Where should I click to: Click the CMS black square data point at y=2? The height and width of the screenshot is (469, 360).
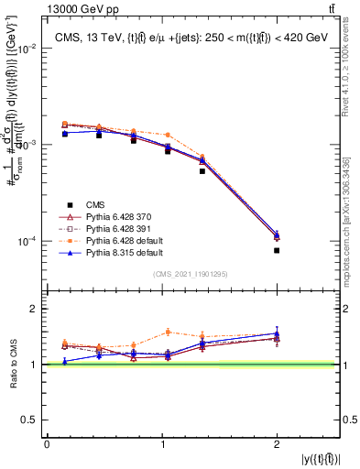tap(277, 250)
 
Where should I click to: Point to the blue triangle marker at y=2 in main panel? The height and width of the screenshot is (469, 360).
tap(277, 234)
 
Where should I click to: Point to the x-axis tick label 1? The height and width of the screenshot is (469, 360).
tap(161, 444)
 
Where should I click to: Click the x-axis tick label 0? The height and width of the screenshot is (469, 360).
tap(47, 444)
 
